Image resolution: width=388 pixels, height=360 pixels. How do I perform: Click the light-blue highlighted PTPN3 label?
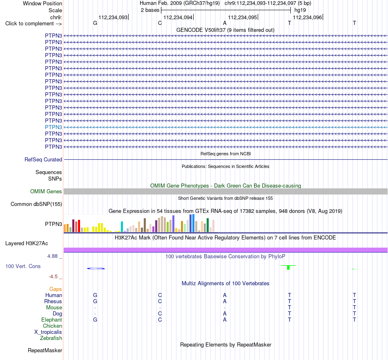(x=54, y=127)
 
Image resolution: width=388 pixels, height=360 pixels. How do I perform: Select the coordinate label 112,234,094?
(x=178, y=17)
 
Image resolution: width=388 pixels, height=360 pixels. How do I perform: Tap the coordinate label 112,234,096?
(x=307, y=17)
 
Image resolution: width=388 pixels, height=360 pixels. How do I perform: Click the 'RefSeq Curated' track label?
(x=43, y=160)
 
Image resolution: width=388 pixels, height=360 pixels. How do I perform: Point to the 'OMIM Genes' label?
(x=46, y=191)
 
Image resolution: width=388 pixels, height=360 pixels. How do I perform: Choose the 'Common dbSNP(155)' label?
(x=36, y=204)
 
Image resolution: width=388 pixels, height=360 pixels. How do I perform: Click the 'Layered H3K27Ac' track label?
(x=27, y=244)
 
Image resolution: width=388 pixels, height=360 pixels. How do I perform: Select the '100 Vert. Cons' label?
(x=23, y=266)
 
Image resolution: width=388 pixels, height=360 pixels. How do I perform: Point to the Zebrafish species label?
(x=51, y=338)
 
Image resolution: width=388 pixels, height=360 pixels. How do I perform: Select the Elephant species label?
(x=52, y=320)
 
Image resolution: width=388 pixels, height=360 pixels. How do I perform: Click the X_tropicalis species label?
(x=48, y=332)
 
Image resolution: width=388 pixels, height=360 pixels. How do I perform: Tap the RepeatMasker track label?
(x=45, y=350)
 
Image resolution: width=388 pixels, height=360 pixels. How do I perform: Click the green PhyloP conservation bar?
(x=288, y=267)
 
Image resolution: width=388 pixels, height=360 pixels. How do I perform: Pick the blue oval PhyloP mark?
(x=96, y=268)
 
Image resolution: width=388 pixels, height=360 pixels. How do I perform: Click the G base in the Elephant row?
(x=95, y=320)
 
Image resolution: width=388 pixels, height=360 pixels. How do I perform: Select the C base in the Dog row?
(x=160, y=313)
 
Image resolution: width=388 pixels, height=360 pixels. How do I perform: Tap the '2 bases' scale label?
(x=150, y=10)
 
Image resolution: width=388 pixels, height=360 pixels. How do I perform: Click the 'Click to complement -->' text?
(x=33, y=24)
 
